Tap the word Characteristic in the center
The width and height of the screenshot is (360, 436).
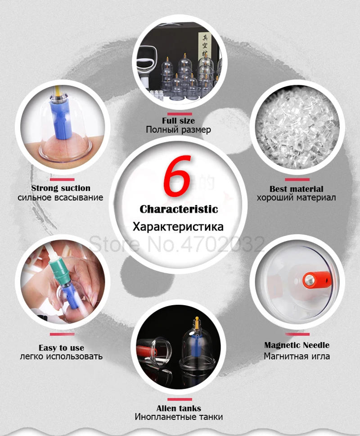pyautogui.click(x=179, y=209)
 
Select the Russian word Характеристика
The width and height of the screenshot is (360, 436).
pyautogui.click(x=179, y=227)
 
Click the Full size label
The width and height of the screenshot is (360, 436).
pyautogui.click(x=179, y=120)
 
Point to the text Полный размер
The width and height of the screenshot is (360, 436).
pyautogui.click(x=179, y=130)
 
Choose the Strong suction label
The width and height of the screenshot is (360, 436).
pyautogui.click(x=61, y=188)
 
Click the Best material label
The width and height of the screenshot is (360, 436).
pyautogui.click(x=297, y=189)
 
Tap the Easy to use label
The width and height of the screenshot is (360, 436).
pyautogui.click(x=61, y=347)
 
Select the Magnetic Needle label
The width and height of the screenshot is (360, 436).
pyautogui.click(x=297, y=345)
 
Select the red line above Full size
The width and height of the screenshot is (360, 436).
pyautogui.click(x=179, y=114)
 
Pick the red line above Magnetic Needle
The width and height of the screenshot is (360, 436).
pyautogui.click(x=297, y=334)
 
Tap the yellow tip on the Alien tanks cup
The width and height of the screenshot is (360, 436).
pyautogui.click(x=196, y=321)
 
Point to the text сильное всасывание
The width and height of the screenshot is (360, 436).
pyautogui.click(x=61, y=197)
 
